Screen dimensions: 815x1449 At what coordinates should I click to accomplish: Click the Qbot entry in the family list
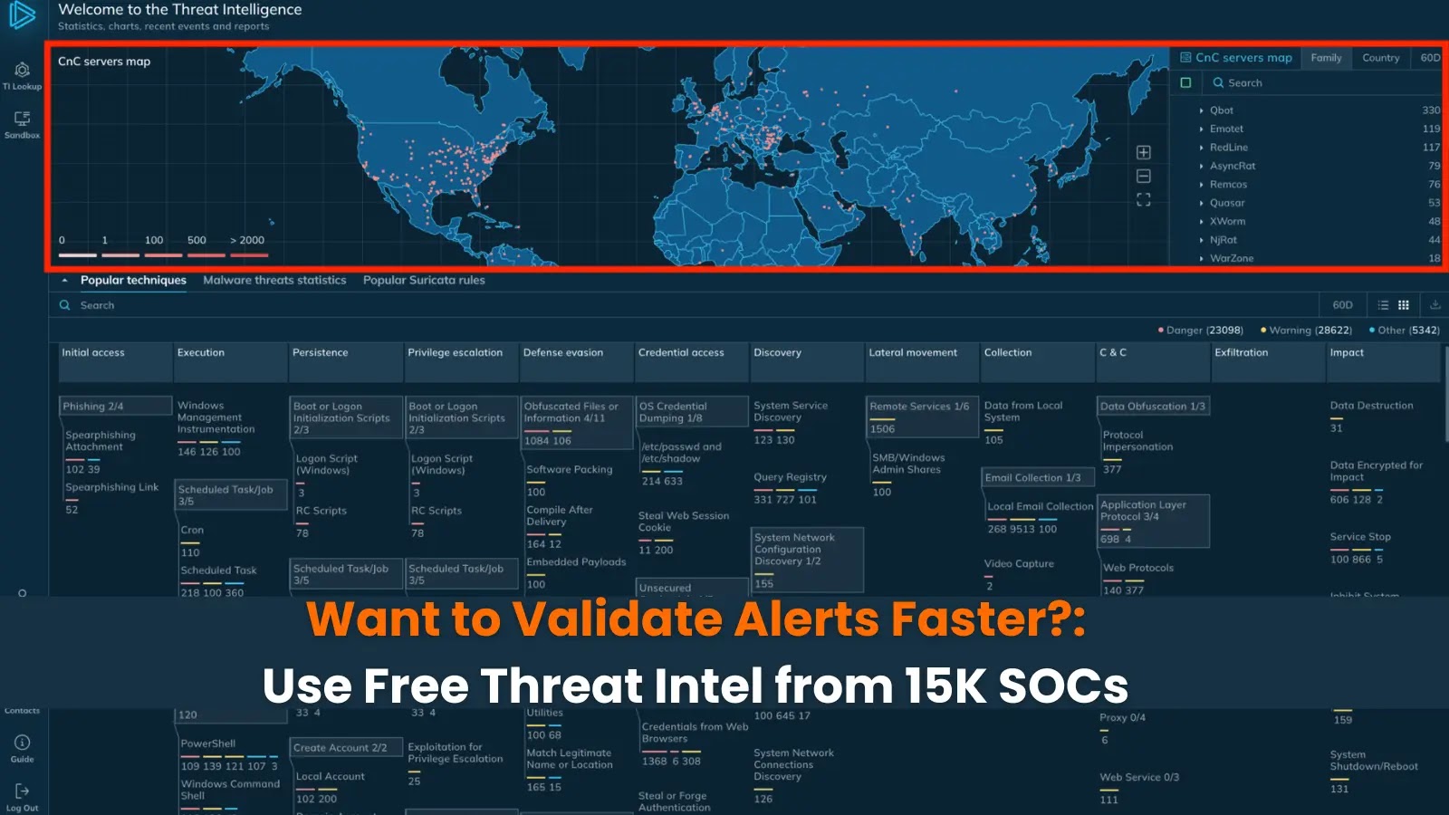pyautogui.click(x=1222, y=110)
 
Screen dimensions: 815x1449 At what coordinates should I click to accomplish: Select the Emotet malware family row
pyautogui.click(x=1226, y=129)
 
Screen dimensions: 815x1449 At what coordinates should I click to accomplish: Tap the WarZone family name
pyautogui.click(x=1232, y=258)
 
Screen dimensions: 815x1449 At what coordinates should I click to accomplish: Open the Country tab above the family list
pyautogui.click(x=1380, y=58)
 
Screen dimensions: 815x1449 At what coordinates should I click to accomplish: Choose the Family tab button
pyautogui.click(x=1326, y=58)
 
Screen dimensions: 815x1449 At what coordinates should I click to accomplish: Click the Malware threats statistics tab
pyautogui.click(x=274, y=281)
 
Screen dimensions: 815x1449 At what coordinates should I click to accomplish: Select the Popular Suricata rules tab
pyautogui.click(x=424, y=281)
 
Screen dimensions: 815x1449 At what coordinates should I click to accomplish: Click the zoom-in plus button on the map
pyautogui.click(x=1144, y=152)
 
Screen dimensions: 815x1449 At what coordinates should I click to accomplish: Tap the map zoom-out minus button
pyautogui.click(x=1144, y=176)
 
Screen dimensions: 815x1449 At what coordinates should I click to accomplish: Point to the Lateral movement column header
pyautogui.click(x=913, y=353)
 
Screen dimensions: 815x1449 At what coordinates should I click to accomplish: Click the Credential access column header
pyautogui.click(x=681, y=353)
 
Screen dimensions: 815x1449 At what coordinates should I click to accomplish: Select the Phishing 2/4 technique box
pyautogui.click(x=93, y=407)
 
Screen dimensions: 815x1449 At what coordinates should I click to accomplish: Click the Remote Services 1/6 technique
pyautogui.click(x=919, y=407)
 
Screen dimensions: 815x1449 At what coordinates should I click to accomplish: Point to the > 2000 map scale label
pyautogui.click(x=247, y=240)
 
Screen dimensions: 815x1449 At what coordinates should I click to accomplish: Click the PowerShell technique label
pyautogui.click(x=207, y=743)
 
